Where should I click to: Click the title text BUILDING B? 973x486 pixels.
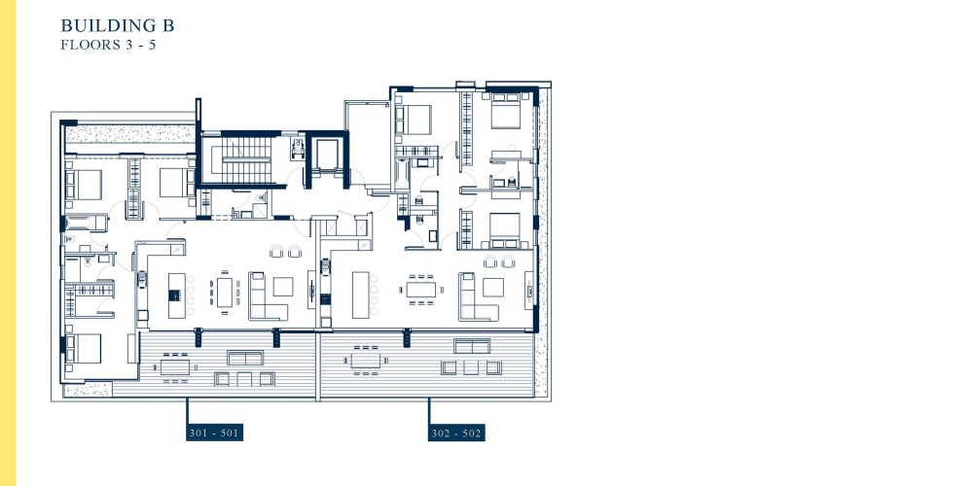point(118,25)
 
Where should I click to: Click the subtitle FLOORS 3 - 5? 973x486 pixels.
point(108,45)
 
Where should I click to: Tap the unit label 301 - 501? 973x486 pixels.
point(214,433)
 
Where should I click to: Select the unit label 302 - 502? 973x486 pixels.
point(456,433)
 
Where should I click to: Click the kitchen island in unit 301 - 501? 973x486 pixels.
point(177,295)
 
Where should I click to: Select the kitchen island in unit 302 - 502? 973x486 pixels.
point(361,295)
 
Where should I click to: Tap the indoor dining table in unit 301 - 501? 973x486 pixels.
point(224,292)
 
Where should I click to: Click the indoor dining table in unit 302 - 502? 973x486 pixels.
point(422,290)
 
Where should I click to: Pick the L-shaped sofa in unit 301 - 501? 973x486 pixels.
point(267,296)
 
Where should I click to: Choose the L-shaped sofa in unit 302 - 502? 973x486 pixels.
point(477,296)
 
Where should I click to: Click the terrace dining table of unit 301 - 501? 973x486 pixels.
point(175,366)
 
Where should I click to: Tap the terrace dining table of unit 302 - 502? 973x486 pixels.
point(366,361)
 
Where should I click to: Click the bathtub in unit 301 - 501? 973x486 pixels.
point(87,223)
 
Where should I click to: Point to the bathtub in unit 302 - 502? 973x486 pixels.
point(402,174)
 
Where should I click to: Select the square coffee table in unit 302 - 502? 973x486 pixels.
point(493,287)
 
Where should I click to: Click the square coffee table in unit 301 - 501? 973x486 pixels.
point(283,287)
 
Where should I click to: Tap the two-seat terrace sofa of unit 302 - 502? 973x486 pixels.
point(472,346)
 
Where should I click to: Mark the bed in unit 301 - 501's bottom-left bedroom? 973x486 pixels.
point(84,348)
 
